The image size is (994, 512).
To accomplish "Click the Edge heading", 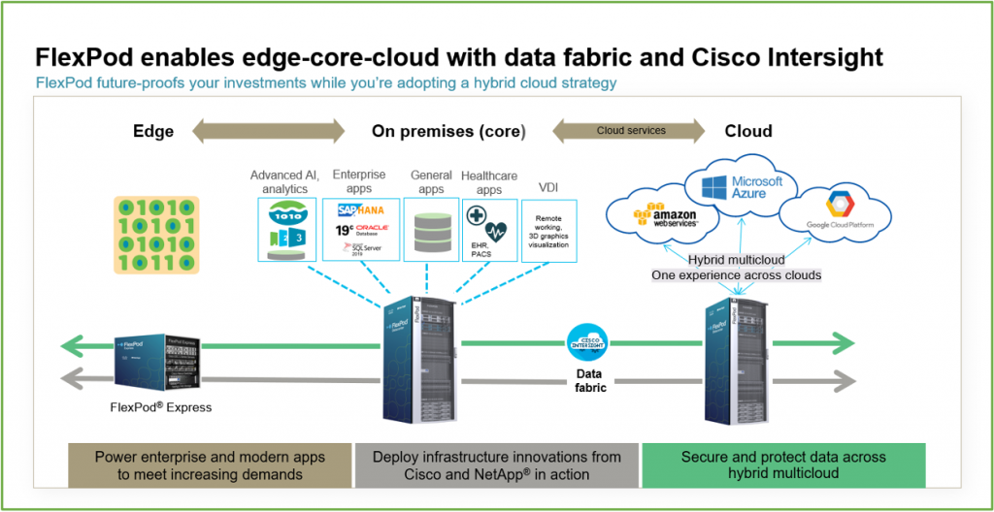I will (153, 131).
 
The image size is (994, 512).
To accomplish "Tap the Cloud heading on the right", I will (748, 131).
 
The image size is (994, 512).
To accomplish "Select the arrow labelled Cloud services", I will (630, 131).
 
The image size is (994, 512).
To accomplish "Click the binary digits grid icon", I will (156, 234).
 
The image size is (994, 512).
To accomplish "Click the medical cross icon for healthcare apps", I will (478, 215).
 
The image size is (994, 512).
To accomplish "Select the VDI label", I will (549, 186).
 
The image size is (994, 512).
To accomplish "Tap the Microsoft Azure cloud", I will (744, 187).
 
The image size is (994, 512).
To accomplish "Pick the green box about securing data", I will (783, 465).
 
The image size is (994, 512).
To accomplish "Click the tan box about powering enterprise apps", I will (209, 465).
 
